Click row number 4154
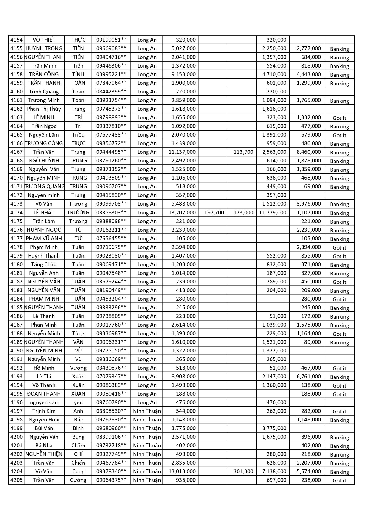(16, 40)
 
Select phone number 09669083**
(111, 48)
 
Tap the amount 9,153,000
(183, 74)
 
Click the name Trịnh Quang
(44, 92)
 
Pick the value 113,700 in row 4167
(243, 152)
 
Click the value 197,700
(214, 213)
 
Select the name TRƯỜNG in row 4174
(78, 213)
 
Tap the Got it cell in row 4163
(339, 118)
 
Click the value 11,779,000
(273, 213)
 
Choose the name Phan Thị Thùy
(44, 109)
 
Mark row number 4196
(16, 402)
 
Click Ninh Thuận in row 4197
(147, 411)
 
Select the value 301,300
(243, 471)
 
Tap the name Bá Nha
(44, 446)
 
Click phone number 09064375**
(111, 480)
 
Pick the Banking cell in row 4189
(339, 342)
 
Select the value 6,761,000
(309, 377)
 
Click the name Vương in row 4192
(78, 368)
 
